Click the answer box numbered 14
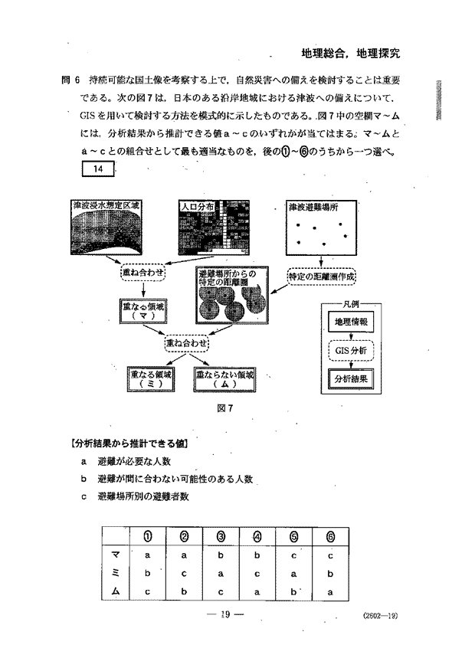pos(97,169)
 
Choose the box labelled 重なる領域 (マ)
pos(144,310)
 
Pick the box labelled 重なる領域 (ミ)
pos(152,378)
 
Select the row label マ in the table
pos(115,554)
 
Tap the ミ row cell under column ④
pos(257,572)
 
